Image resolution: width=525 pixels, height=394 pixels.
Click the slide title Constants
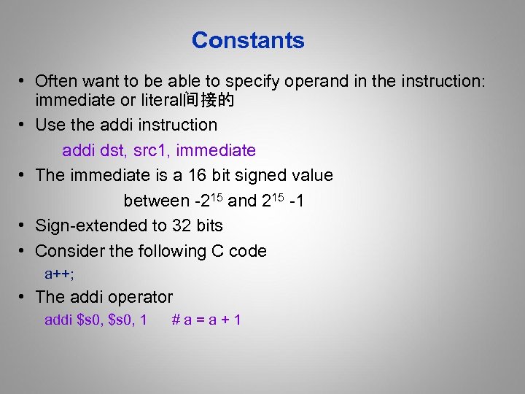(x=248, y=40)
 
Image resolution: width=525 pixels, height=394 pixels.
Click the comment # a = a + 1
(x=206, y=320)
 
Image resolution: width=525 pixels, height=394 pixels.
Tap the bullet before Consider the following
(x=24, y=251)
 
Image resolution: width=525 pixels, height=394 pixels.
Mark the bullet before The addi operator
(x=24, y=297)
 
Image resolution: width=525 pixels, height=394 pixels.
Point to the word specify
(x=251, y=80)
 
